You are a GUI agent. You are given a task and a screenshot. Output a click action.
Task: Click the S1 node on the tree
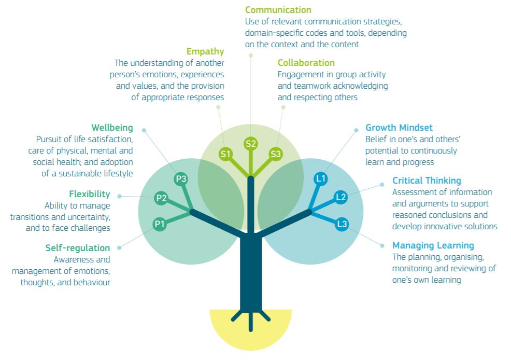click(x=225, y=154)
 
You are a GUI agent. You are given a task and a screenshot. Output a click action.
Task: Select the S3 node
click(x=276, y=154)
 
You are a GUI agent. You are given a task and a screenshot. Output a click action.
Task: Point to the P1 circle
click(x=160, y=224)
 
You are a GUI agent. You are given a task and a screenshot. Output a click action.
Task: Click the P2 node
click(x=161, y=198)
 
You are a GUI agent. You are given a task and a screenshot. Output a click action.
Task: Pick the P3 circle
click(x=181, y=179)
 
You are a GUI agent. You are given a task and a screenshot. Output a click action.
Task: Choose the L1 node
click(x=321, y=179)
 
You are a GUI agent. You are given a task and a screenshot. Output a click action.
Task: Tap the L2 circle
click(x=340, y=197)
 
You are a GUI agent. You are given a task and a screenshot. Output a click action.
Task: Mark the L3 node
click(x=342, y=224)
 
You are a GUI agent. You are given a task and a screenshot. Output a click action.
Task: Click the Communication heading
click(x=278, y=10)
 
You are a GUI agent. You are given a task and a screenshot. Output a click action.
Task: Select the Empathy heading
click(x=205, y=51)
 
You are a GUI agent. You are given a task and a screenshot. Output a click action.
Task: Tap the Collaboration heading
click(x=306, y=63)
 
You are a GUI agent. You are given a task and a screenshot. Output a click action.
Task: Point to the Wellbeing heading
click(x=112, y=128)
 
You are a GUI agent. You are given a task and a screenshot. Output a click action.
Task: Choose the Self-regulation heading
click(x=77, y=248)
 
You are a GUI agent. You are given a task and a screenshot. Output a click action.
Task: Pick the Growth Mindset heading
click(x=399, y=128)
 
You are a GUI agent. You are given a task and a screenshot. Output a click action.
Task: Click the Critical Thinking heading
click(x=427, y=181)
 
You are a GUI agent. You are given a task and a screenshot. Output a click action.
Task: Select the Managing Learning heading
click(x=433, y=245)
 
